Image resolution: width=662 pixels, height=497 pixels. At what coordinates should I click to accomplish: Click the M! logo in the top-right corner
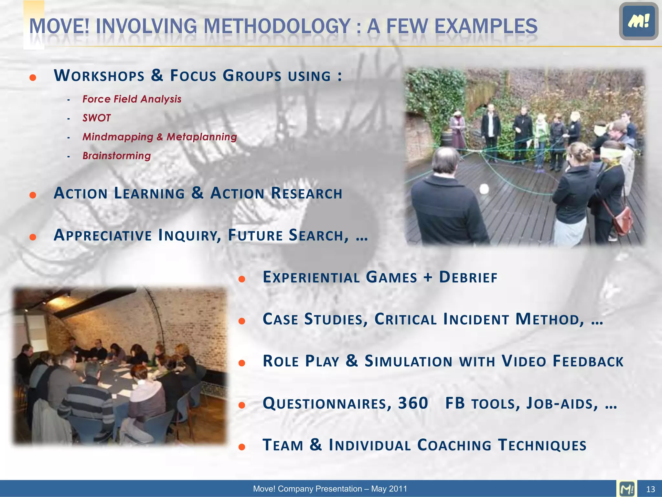(x=638, y=21)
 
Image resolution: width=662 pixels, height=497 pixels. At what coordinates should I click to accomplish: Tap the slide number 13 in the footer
(x=650, y=489)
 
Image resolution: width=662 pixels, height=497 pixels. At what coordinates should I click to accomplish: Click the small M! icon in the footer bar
(x=627, y=489)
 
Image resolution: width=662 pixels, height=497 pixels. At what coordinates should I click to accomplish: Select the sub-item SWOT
(x=96, y=118)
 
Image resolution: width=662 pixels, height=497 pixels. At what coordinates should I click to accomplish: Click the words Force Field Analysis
(x=132, y=99)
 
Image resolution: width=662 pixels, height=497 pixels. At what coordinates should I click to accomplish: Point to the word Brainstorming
(x=116, y=156)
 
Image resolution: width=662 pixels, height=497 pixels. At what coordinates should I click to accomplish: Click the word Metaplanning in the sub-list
(x=202, y=137)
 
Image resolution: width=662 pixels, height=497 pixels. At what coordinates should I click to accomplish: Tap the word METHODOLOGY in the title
(x=277, y=27)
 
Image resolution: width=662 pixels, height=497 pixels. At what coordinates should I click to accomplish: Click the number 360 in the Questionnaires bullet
(x=413, y=403)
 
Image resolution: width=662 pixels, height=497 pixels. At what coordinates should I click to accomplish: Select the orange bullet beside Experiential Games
(x=242, y=279)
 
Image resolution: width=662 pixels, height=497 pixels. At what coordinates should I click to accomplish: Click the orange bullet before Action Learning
(x=33, y=195)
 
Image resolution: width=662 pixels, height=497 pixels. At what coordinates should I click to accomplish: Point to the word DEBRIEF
(x=468, y=278)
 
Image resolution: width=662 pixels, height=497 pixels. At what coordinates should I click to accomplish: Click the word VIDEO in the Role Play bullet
(x=524, y=361)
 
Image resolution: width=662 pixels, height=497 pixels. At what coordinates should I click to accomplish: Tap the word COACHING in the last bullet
(x=454, y=445)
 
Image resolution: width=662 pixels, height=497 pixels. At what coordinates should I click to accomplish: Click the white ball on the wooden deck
(x=484, y=189)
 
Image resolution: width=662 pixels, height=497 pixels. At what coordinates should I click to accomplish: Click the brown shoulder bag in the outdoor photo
(x=623, y=221)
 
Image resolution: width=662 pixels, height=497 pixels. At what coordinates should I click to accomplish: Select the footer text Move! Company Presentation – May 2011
(x=330, y=489)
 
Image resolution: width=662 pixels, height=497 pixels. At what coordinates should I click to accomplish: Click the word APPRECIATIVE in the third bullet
(x=102, y=235)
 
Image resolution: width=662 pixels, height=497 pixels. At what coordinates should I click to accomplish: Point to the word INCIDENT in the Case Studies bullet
(x=476, y=319)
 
